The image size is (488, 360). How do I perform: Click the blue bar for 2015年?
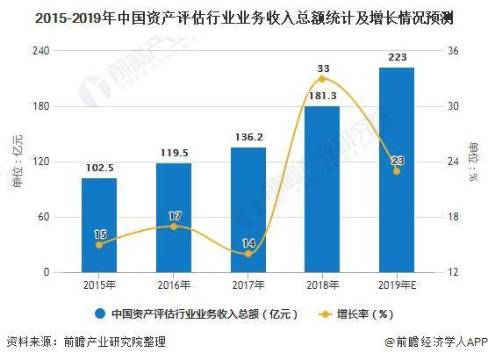99,226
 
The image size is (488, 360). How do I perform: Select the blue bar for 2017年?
248,210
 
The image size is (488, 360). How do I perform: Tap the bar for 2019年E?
397,170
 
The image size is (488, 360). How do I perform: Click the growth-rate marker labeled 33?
322,79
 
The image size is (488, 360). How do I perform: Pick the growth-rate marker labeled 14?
248,254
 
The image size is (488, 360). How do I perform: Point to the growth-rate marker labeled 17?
174,227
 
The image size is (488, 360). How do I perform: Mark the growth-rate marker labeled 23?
397,171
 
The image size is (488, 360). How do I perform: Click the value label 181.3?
322,96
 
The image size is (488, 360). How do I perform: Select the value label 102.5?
99,168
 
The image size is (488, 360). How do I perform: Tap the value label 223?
398,57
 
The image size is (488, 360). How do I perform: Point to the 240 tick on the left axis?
40,50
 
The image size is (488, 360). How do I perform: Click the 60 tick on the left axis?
44,216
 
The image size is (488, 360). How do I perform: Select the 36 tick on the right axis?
453,50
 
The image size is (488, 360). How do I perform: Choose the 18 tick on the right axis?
453,216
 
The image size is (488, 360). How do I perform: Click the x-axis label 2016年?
174,285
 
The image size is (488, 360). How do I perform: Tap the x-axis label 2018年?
322,285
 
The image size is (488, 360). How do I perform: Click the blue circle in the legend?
100,314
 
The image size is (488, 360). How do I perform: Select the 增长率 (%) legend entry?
356,314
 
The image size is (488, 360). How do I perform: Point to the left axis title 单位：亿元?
18,162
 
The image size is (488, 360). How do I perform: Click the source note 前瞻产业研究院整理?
114,342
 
